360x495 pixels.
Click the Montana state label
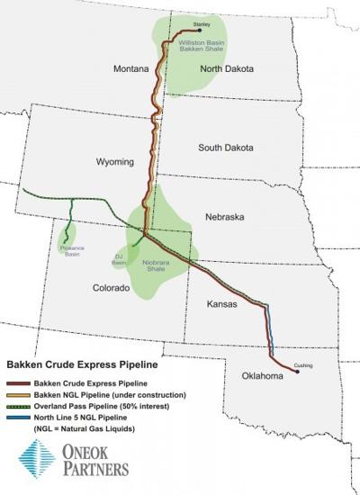point(130,68)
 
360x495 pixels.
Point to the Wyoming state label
point(114,162)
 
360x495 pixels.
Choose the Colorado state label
point(112,288)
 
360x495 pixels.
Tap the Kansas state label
point(220,304)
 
